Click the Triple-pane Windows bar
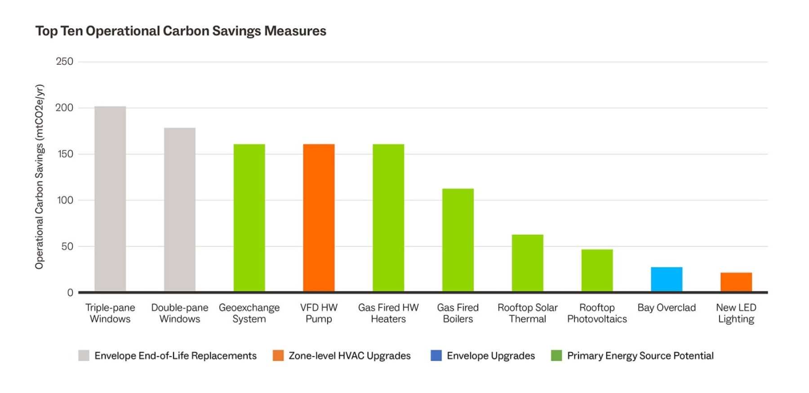tap(110, 199)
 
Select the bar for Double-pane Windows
tap(180, 210)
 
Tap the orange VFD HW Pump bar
tap(319, 218)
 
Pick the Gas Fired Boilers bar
tap(458, 240)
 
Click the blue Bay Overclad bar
tap(667, 279)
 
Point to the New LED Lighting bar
tap(736, 282)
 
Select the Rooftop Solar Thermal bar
tap(528, 263)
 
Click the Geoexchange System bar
tap(249, 218)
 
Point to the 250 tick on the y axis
tap(64, 62)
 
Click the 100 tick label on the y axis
tap(65, 200)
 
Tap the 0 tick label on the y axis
tap(70, 293)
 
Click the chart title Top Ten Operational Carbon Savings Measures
tap(181, 31)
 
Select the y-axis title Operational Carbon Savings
tap(40, 177)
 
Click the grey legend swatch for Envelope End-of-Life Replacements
tap(84, 356)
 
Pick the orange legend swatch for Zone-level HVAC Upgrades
tap(278, 356)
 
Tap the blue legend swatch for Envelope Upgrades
tap(436, 356)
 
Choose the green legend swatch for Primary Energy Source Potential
tap(556, 356)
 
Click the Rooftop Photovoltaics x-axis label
tap(597, 313)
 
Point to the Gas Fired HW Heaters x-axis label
tap(388, 313)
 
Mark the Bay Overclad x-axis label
tap(667, 308)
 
